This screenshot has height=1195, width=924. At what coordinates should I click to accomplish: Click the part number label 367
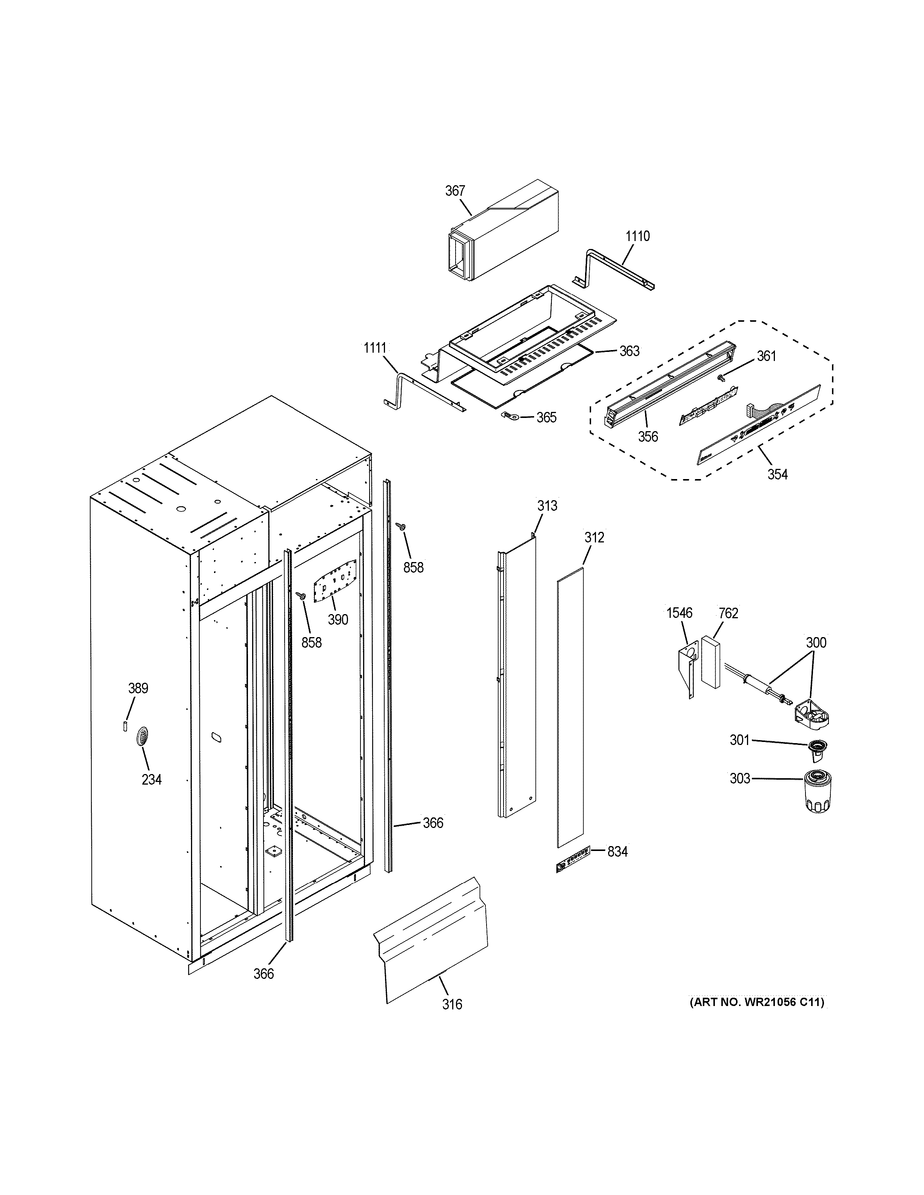pos(455,191)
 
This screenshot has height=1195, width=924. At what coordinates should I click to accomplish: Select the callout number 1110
pos(638,237)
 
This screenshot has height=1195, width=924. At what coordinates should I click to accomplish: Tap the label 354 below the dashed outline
pos(777,475)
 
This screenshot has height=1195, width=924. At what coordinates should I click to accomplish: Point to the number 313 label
pos(547,506)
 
